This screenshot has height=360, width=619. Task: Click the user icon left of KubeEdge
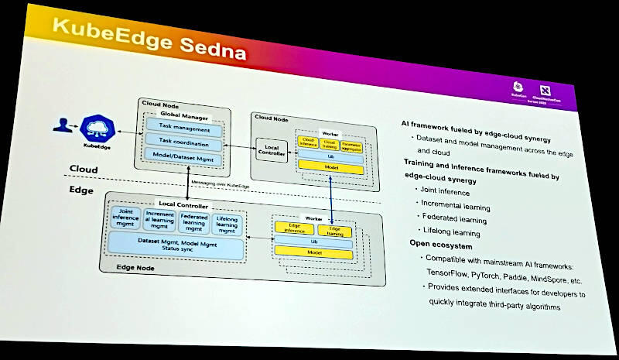62,124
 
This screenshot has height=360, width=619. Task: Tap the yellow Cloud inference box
308,142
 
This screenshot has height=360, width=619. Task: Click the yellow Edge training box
334,230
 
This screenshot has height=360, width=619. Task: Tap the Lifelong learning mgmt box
227,224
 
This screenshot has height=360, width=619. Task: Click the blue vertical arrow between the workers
333,199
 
